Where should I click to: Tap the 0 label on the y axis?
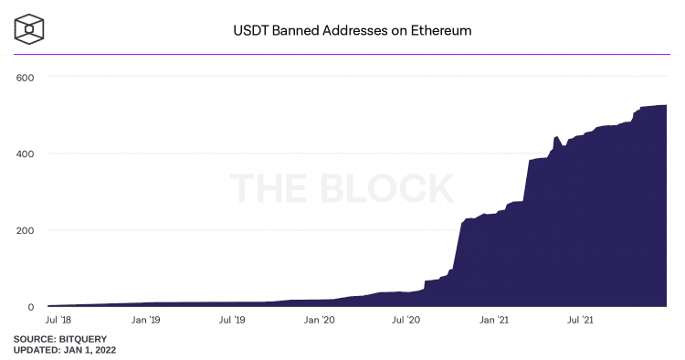tap(30, 307)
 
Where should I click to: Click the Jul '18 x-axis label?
tap(58, 321)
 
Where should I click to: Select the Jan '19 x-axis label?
tap(146, 321)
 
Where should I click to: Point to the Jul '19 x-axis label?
tap(233, 321)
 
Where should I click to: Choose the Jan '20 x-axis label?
tap(320, 321)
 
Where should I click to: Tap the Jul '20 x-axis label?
tap(406, 321)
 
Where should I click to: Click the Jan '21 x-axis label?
tap(494, 321)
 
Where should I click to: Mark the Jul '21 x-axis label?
tap(581, 321)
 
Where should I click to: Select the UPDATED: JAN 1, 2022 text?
tap(65, 350)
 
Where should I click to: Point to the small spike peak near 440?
tap(556, 137)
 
